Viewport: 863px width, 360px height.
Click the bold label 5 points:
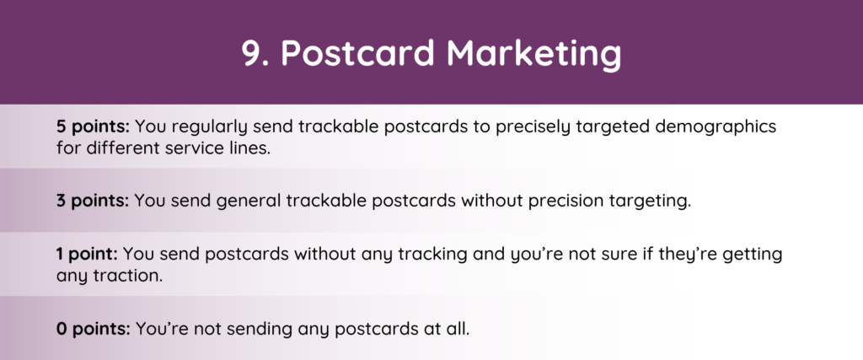[93, 127]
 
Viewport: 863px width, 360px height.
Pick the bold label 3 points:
[93, 201]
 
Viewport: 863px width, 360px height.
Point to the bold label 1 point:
[87, 255]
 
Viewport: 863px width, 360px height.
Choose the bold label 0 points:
[93, 329]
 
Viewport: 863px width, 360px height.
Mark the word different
[121, 148]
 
